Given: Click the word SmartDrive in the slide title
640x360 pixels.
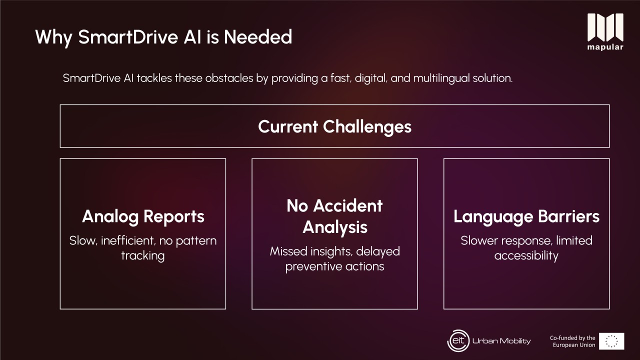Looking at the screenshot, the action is (x=128, y=36).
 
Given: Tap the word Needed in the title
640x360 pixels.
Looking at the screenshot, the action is (x=258, y=36).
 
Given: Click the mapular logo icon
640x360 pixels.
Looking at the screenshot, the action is (x=605, y=27).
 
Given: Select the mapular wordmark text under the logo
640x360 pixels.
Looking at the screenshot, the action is (x=605, y=47).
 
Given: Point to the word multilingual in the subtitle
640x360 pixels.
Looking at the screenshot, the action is (x=441, y=78).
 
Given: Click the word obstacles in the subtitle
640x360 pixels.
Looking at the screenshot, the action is (x=229, y=78).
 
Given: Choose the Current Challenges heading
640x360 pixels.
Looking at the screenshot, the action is (x=334, y=126).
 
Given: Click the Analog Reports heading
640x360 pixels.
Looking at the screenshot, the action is (x=143, y=216).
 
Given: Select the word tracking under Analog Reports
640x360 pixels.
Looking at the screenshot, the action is (x=143, y=255).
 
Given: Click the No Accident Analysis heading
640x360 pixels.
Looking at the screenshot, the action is (x=334, y=216).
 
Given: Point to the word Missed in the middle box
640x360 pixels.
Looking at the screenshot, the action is (x=288, y=251).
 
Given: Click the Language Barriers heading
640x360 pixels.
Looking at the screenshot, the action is (x=526, y=216).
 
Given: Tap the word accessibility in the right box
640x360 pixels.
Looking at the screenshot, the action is (x=526, y=255).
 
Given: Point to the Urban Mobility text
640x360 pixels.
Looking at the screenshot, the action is (x=501, y=341).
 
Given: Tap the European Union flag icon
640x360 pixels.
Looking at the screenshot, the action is (x=611, y=341).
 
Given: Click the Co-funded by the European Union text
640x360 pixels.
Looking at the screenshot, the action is (x=572, y=341).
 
